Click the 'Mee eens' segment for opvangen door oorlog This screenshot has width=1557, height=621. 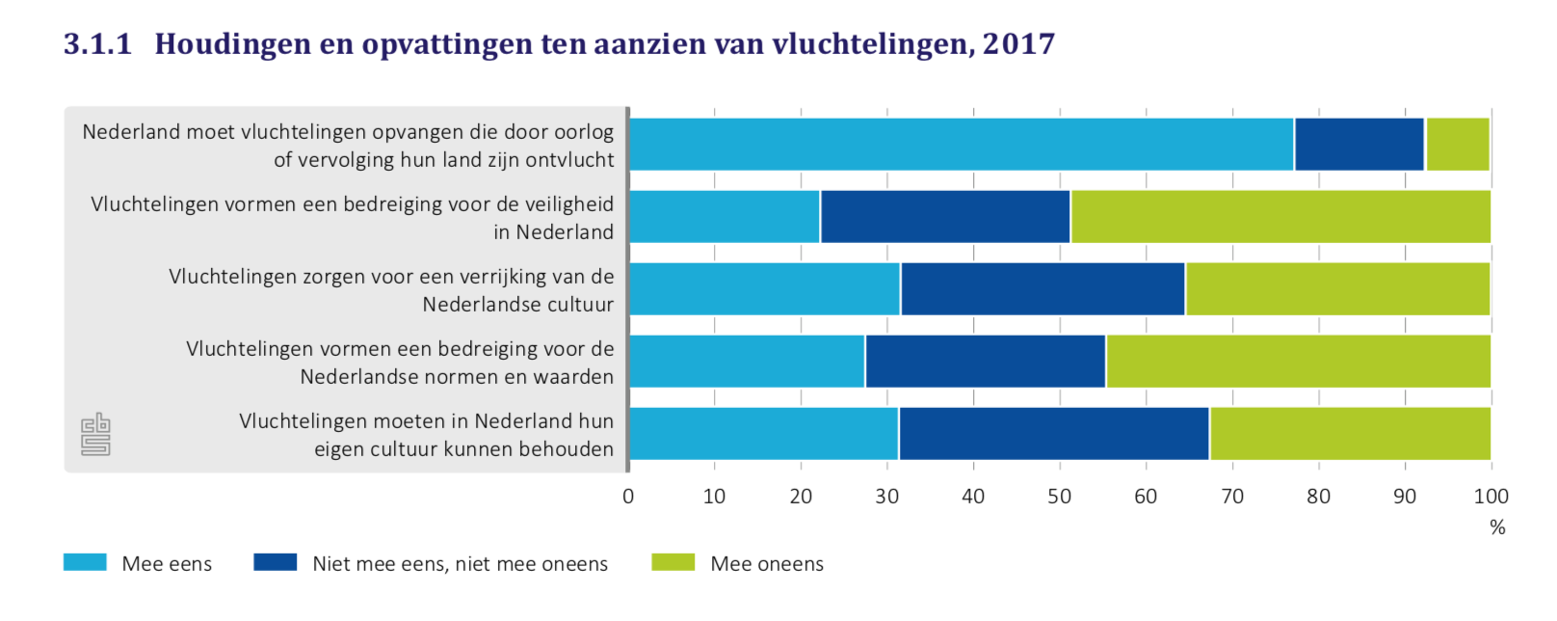pyautogui.click(x=961, y=145)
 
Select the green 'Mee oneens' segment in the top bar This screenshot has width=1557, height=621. pyautogui.click(x=1458, y=145)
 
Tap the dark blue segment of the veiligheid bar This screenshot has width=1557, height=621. pyautogui.click(x=945, y=217)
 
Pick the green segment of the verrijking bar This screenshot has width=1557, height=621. pyautogui.click(x=1337, y=289)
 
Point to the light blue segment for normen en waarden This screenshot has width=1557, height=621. pyautogui.click(x=747, y=362)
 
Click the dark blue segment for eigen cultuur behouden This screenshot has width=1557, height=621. pyautogui.click(x=1054, y=434)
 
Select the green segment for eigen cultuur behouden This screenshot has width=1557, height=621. pyautogui.click(x=1350, y=434)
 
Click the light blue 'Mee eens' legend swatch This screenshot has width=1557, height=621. pyautogui.click(x=85, y=563)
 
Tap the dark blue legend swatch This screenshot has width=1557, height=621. pyautogui.click(x=275, y=563)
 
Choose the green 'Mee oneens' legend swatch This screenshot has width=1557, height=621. pyautogui.click(x=673, y=563)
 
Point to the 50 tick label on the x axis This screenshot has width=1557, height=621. pyautogui.click(x=1059, y=497)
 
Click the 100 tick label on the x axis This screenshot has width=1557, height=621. pyautogui.click(x=1491, y=497)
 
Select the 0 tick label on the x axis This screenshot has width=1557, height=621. pyautogui.click(x=628, y=497)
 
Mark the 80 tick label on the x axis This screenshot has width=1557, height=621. pyautogui.click(x=1318, y=497)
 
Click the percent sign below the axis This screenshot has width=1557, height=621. pyautogui.click(x=1497, y=527)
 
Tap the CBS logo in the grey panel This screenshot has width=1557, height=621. pyautogui.click(x=95, y=435)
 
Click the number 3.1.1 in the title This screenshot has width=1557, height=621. pyautogui.click(x=97, y=44)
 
